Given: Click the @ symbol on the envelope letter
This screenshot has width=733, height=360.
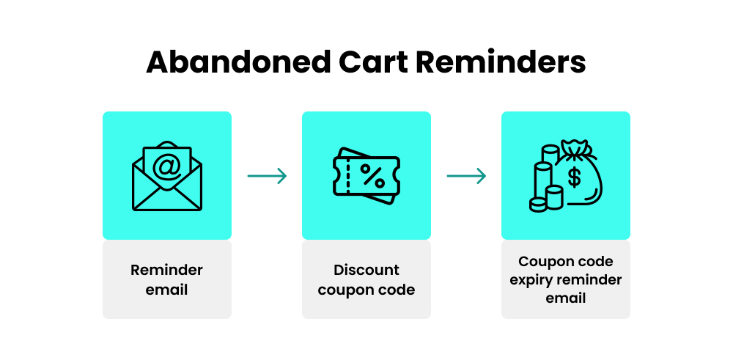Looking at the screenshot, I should pyautogui.click(x=167, y=167).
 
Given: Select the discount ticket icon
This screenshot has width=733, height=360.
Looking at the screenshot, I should pyautogui.click(x=366, y=177).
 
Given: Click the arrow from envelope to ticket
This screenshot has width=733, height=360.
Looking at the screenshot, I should pyautogui.click(x=267, y=176).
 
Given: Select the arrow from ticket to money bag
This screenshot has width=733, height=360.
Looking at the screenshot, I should pyautogui.click(x=466, y=176).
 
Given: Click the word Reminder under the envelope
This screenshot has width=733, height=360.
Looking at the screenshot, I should pyautogui.click(x=166, y=270).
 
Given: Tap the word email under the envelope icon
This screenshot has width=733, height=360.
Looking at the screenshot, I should pyautogui.click(x=166, y=290).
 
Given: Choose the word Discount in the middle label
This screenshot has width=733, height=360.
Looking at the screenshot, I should pyautogui.click(x=366, y=270).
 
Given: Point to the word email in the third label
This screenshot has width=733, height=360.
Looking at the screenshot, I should pyautogui.click(x=565, y=298).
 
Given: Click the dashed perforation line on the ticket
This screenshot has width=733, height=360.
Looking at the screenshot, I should pyautogui.click(x=349, y=176).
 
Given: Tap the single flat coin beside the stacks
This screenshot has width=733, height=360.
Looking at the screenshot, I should pyautogui.click(x=538, y=205).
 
